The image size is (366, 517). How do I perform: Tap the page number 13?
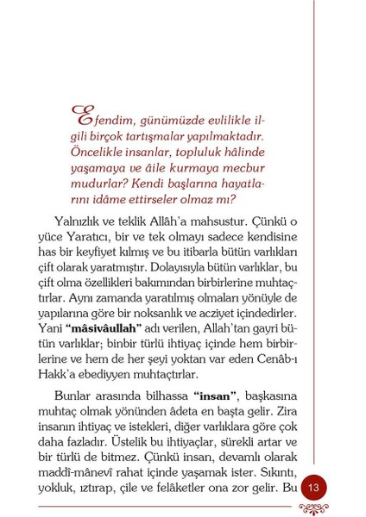point(312,488)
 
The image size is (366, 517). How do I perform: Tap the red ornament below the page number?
point(312,508)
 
